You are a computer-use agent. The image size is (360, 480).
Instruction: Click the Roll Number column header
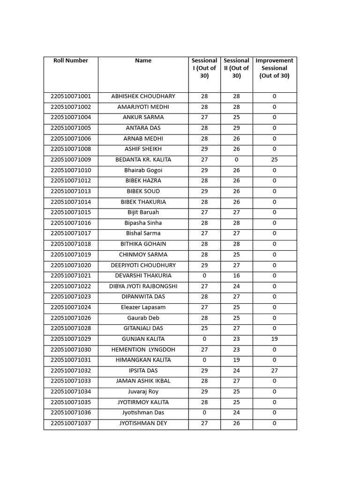coord(71,60)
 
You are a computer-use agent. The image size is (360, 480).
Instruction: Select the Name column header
coord(143,60)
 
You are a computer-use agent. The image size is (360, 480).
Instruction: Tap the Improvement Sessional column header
coord(274,68)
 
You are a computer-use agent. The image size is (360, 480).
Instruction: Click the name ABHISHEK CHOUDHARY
coord(143,96)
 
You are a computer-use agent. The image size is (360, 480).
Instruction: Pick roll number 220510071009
coord(71,159)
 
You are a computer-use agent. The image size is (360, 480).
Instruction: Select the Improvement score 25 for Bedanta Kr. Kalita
coord(274,159)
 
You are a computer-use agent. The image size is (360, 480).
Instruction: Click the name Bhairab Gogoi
coord(143,170)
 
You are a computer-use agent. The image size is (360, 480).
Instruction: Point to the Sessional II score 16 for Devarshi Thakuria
coord(236,276)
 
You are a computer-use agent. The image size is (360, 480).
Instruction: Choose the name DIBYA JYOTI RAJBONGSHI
coord(143,286)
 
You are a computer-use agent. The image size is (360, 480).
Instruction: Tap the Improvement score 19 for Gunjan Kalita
coord(274,339)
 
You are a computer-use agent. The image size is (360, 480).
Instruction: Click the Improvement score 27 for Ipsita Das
coord(274,371)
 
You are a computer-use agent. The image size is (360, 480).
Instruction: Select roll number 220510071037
coord(71,423)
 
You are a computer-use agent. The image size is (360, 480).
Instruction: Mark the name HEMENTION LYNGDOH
coord(143,350)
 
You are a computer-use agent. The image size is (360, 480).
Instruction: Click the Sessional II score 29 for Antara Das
coord(236,128)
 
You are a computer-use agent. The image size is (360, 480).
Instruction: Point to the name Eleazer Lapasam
coord(143,307)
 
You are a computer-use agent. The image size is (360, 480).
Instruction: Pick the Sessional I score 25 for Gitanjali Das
coord(204,329)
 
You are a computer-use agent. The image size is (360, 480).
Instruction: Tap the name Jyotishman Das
coord(143,413)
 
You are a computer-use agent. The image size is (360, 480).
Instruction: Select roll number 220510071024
coord(71,307)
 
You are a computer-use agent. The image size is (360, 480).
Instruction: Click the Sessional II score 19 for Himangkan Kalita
coord(236,360)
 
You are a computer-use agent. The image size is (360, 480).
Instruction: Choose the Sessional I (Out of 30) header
coord(204,68)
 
